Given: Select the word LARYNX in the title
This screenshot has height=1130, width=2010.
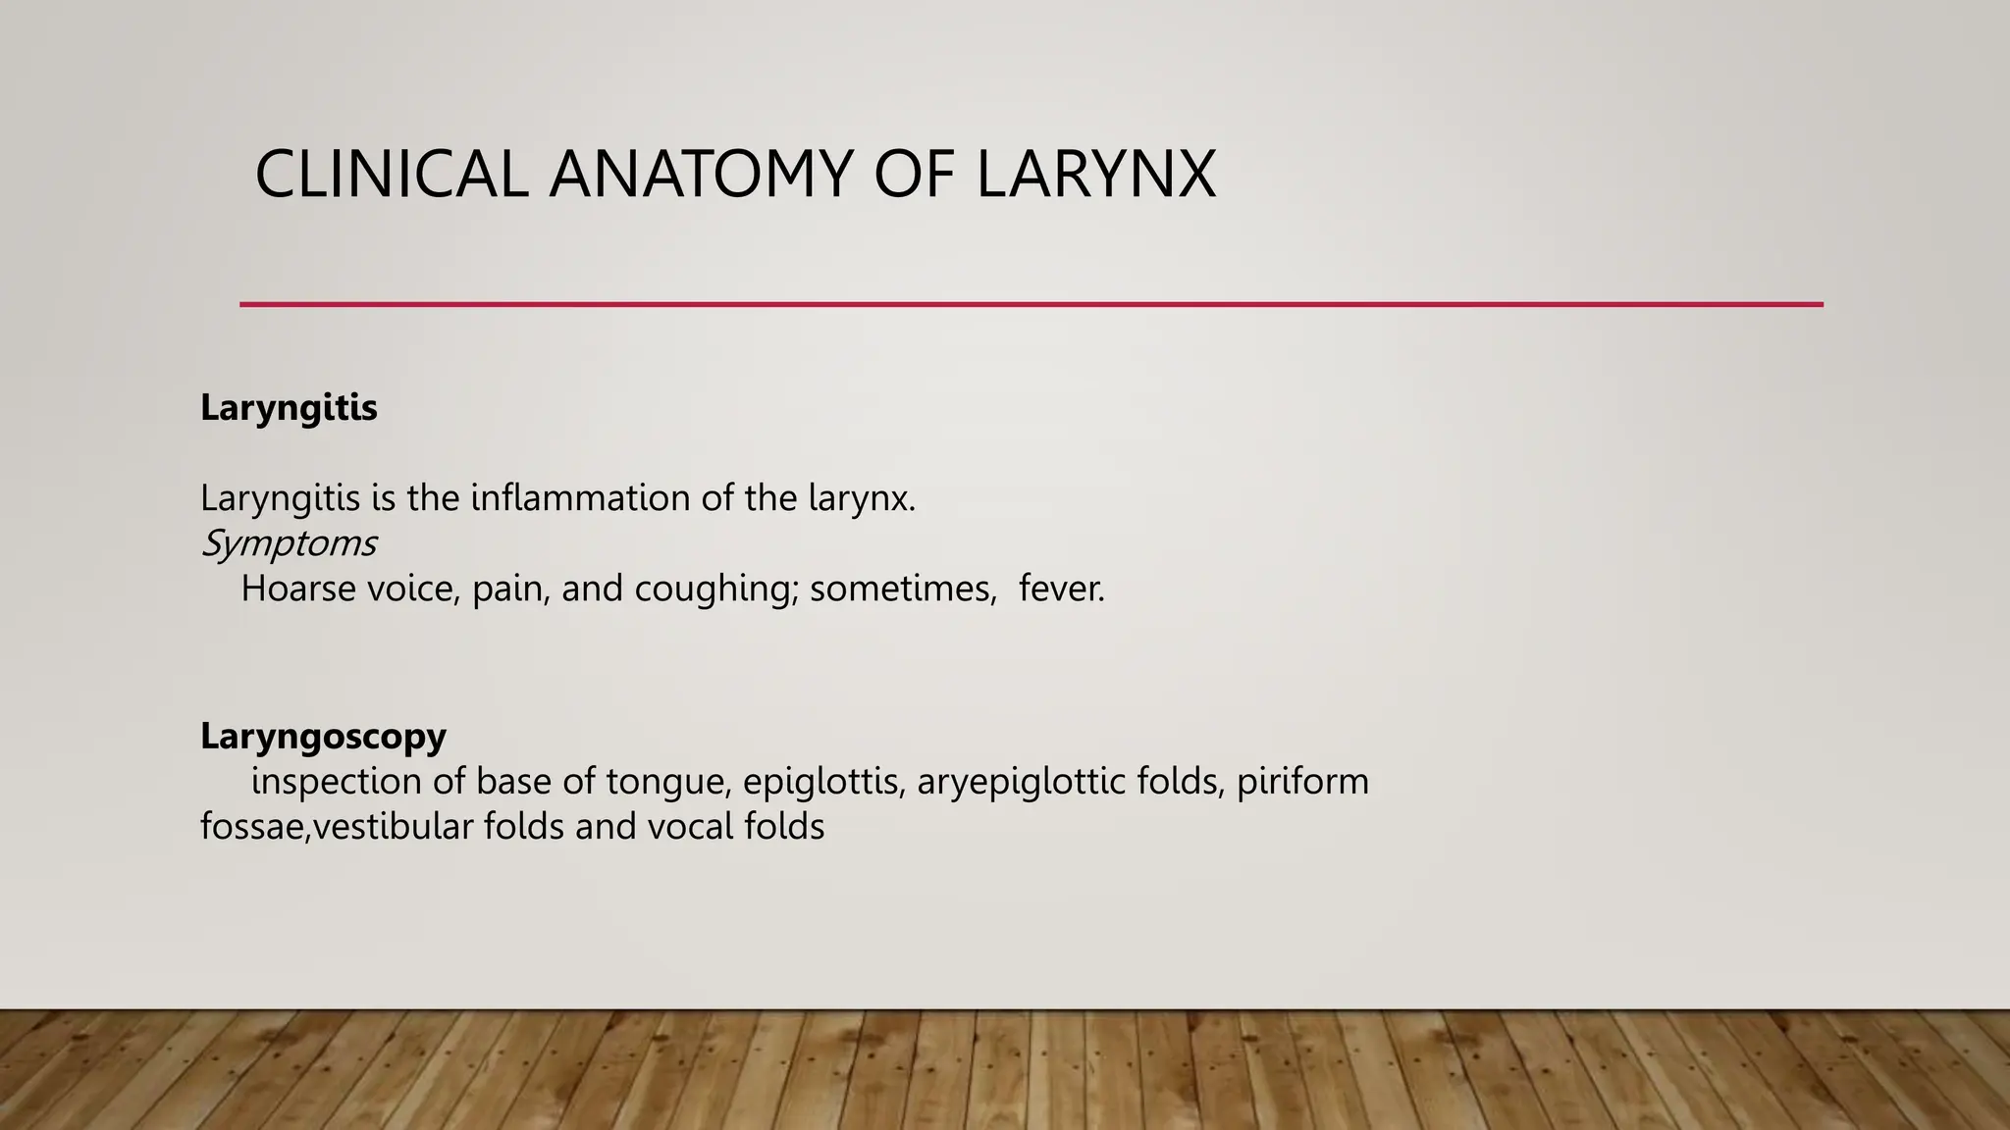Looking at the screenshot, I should pos(1096,175).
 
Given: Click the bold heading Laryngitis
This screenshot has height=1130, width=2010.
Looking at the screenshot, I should pos(289,407).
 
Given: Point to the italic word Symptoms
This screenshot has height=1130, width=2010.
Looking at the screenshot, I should pos(289,542).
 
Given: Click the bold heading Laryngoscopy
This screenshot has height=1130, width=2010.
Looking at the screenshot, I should pos(323,735).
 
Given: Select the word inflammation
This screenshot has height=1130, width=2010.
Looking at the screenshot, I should pos(580,498).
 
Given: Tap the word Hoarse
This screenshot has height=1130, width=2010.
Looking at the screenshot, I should pos(297,589).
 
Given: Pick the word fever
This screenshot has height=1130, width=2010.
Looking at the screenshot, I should pos(1061,589).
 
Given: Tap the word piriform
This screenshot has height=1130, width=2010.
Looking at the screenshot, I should pos(1302,783).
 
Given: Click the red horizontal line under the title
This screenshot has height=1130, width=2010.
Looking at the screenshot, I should pos(1031,304).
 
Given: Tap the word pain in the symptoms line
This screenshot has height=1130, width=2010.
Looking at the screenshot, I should pos(510,590).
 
